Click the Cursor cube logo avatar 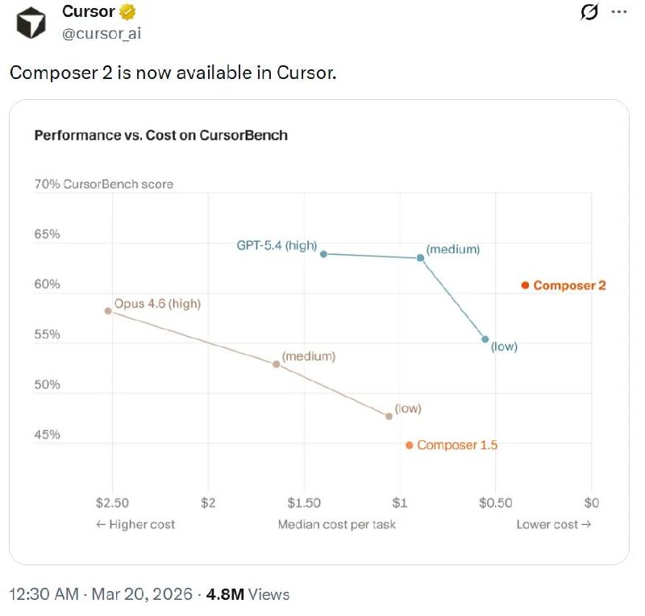click(32, 23)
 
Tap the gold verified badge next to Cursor click(127, 13)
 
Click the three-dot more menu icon click(618, 13)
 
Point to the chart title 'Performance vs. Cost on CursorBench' click(160, 135)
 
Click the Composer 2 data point click(525, 285)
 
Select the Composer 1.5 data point click(410, 445)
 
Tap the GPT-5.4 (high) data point click(324, 254)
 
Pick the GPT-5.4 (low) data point click(485, 339)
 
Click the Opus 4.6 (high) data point click(108, 310)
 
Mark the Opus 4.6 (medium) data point click(276, 364)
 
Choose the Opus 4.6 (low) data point click(389, 416)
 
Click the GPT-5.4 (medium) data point click(421, 258)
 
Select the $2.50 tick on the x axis click(112, 502)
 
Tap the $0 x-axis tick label click(592, 502)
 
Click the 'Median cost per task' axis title click(337, 524)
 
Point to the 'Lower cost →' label click(553, 524)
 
